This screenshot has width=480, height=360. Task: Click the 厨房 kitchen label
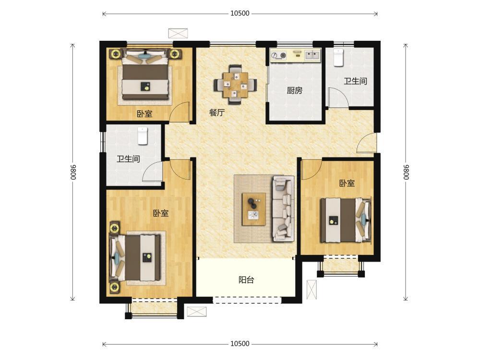point(295,90)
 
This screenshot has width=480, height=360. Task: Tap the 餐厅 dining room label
point(217,112)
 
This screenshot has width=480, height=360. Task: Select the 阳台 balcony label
point(246,280)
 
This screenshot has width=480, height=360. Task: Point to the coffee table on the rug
point(253,209)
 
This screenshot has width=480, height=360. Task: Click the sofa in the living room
point(283,208)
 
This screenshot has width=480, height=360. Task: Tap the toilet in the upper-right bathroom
point(338,58)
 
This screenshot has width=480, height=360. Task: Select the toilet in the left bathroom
point(143,136)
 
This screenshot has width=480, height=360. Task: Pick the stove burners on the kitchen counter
point(278,55)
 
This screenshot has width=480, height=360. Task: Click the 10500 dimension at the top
point(240,13)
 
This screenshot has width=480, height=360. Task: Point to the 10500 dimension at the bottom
point(240,344)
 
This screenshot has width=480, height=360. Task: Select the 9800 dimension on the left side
point(72,172)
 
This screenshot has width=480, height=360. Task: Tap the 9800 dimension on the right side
point(406,172)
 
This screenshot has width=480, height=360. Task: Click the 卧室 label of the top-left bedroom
point(144,114)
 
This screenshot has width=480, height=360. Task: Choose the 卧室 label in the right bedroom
point(347,183)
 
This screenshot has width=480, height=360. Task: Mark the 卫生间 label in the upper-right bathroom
point(355,81)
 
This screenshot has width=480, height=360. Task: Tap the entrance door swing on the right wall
point(366,143)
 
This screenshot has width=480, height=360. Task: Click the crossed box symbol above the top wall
point(178,34)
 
